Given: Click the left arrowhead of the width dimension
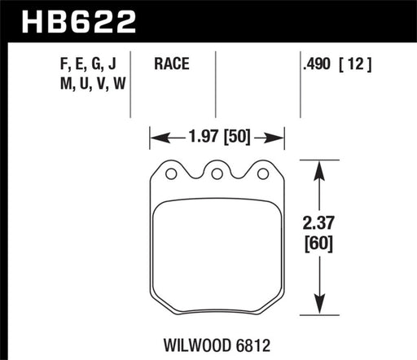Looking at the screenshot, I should [156, 136].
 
